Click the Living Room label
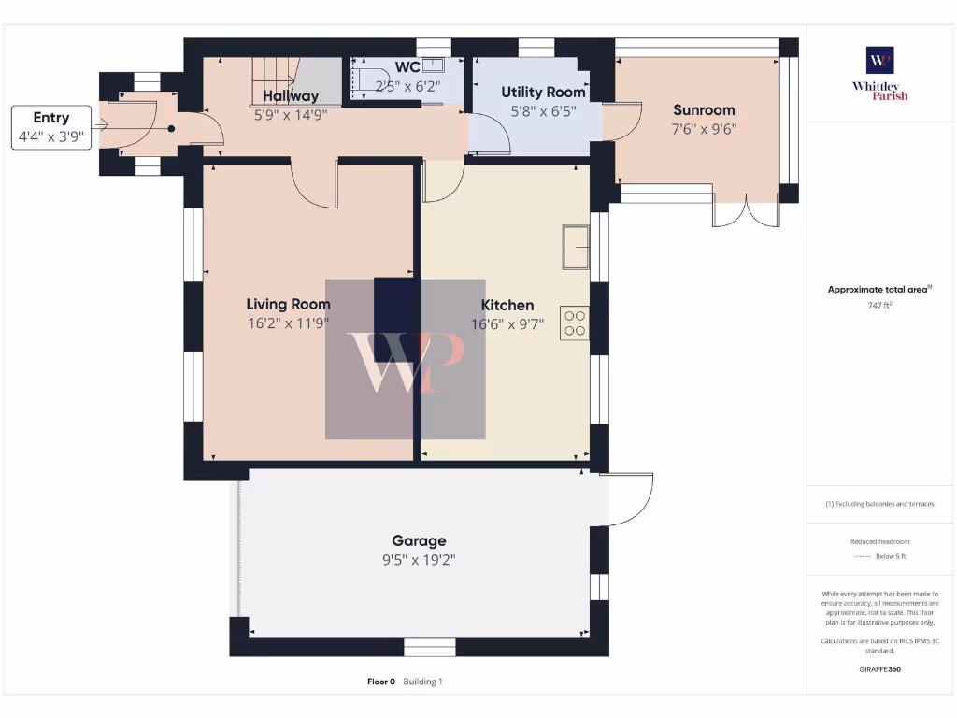(288, 304)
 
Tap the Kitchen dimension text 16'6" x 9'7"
(507, 324)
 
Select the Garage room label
(418, 540)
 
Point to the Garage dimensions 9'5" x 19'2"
(418, 560)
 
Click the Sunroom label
(704, 109)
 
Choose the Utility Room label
(543, 92)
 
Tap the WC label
(407, 67)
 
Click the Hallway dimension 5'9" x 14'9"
(291, 116)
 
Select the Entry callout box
(51, 126)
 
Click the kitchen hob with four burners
(574, 323)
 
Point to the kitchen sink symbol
(575, 248)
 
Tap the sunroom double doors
(745, 213)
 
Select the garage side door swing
(628, 499)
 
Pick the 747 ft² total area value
(878, 305)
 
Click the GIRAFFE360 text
(878, 669)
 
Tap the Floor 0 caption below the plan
(381, 682)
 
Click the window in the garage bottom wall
(429, 646)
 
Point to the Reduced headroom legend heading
(878, 541)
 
